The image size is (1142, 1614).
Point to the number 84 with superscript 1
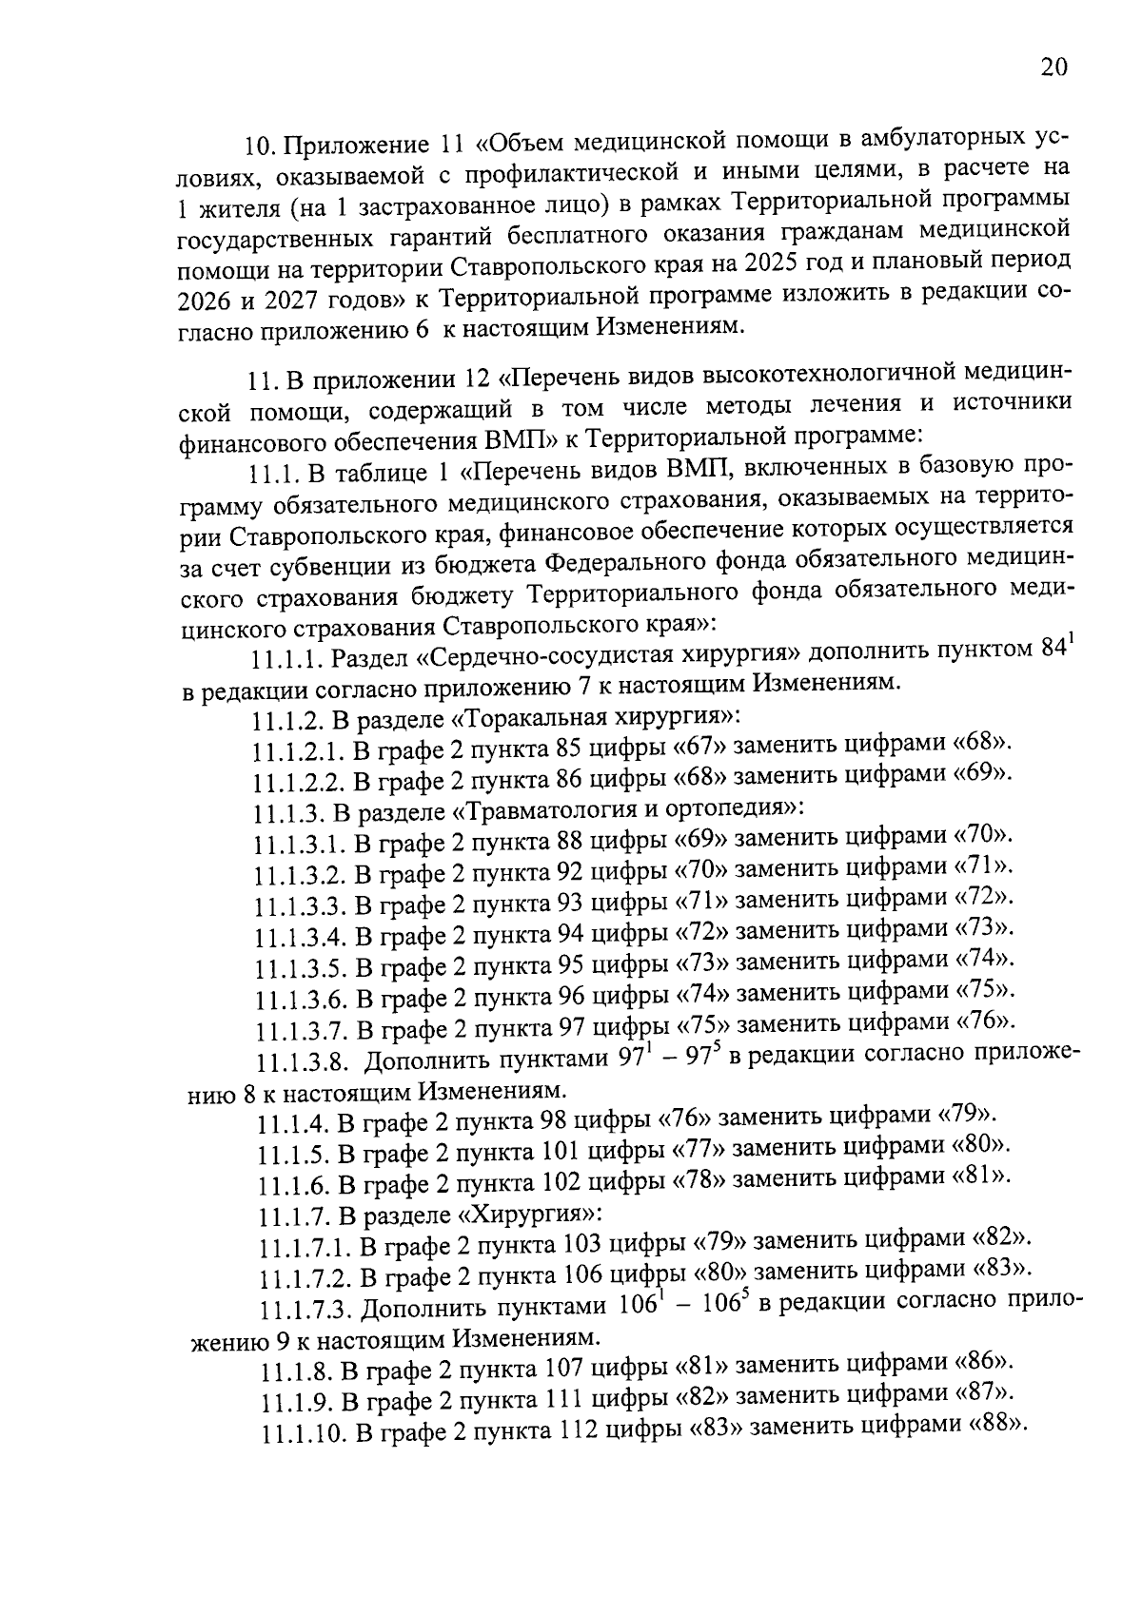(1051, 651)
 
